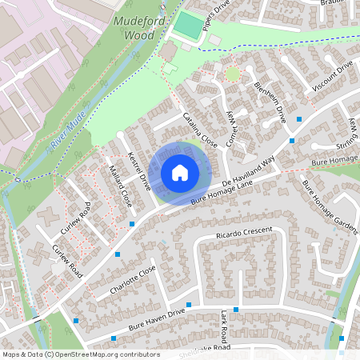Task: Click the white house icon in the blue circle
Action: [x=180, y=172]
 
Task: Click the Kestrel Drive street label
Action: [x=140, y=170]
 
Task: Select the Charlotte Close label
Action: [x=133, y=281]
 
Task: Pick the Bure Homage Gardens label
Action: [x=328, y=207]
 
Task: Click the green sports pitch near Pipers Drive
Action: [x=189, y=25]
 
